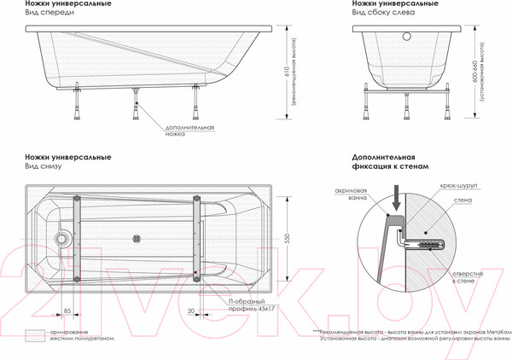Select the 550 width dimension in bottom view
(x=287, y=239)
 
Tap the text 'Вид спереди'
(x=45, y=14)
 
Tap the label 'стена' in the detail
(x=463, y=199)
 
